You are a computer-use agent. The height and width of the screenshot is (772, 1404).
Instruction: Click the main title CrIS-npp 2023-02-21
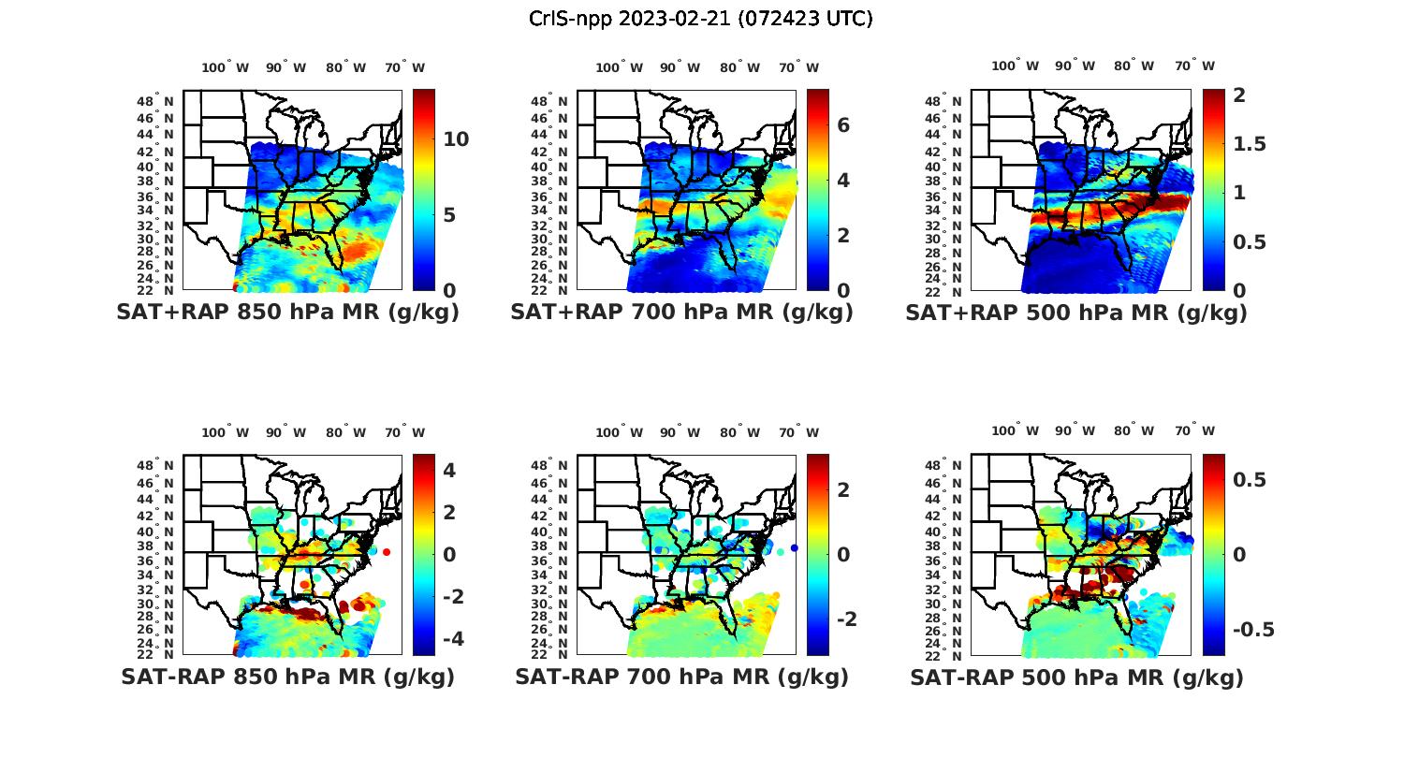coord(700,19)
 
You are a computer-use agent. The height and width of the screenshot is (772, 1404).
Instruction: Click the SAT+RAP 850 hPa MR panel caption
coord(287,313)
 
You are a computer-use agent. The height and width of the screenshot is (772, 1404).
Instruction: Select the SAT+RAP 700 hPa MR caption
coord(681,313)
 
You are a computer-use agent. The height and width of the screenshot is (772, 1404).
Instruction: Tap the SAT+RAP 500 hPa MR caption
coord(1076,313)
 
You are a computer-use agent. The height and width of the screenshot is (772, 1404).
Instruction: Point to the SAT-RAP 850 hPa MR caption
coord(287,677)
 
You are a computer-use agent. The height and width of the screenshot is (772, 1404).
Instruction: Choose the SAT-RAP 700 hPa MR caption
coord(681,677)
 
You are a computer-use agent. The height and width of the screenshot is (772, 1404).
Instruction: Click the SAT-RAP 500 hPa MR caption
coord(1076,677)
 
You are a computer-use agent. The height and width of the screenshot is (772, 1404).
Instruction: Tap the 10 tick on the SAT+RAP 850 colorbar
coord(456,139)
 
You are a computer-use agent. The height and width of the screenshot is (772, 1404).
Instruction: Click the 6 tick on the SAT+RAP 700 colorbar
coord(842,124)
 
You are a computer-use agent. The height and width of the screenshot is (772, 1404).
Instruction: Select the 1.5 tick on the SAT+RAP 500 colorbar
coord(1250,144)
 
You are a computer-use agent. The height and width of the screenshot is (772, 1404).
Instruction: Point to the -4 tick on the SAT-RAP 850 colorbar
coord(448,638)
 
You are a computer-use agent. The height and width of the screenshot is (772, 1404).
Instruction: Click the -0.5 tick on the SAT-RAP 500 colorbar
coord(1252,629)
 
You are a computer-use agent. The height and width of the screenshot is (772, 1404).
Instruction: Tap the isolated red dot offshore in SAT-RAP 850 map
coord(386,552)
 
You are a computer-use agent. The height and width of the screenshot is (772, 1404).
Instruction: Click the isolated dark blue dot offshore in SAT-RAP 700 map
coord(794,547)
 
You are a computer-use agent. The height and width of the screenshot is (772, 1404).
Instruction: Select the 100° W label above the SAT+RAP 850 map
coord(225,67)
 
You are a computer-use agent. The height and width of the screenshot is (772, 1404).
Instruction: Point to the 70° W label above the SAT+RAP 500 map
coord(1194,66)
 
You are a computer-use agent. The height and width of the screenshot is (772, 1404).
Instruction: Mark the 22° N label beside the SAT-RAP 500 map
coord(950,653)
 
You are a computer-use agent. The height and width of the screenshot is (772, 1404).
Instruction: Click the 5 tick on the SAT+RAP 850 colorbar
coord(449,215)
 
